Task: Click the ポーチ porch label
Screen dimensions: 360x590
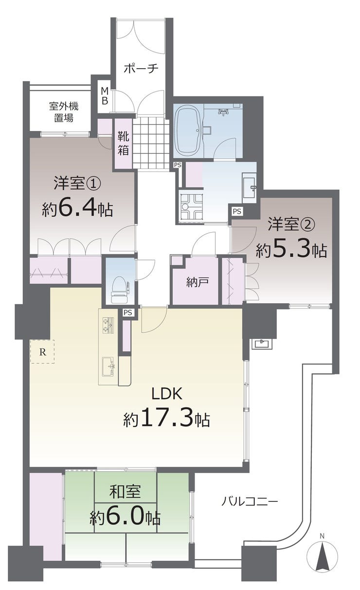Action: pyautogui.click(x=141, y=69)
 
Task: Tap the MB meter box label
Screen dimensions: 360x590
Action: pyautogui.click(x=105, y=96)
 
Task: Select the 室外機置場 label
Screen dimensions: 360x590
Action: pyautogui.click(x=64, y=112)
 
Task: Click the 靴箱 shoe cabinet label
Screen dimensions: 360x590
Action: pyautogui.click(x=123, y=144)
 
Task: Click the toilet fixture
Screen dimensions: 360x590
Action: pyautogui.click(x=119, y=290)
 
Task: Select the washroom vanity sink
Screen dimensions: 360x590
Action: pyautogui.click(x=249, y=187)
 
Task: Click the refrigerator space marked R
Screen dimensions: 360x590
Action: pyautogui.click(x=42, y=351)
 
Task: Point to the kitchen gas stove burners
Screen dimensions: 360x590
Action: pyautogui.click(x=108, y=325)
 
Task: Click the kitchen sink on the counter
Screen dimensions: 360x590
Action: pyautogui.click(x=108, y=367)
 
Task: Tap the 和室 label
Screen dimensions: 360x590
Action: pyautogui.click(x=125, y=491)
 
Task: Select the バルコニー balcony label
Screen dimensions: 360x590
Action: pyautogui.click(x=249, y=500)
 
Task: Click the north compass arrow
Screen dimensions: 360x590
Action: pyautogui.click(x=322, y=549)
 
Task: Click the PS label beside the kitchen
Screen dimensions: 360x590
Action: pyautogui.click(x=128, y=313)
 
